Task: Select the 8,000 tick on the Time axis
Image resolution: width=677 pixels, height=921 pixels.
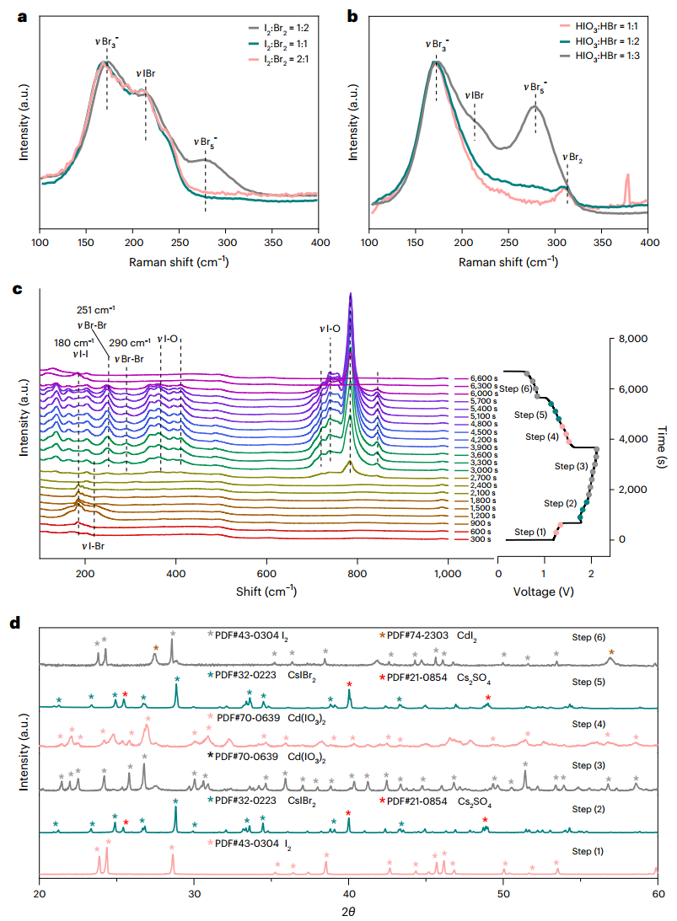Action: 628,339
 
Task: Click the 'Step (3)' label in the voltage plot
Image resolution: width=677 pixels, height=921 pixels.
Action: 570,465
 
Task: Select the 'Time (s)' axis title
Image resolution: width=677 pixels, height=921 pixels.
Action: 658,438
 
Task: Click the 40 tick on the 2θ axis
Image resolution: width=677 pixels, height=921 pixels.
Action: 348,892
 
